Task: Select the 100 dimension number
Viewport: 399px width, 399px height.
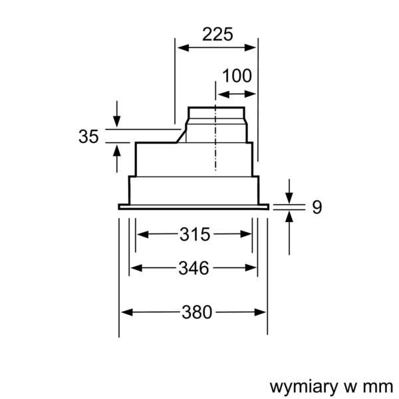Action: [237, 76]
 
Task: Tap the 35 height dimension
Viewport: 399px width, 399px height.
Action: [88, 137]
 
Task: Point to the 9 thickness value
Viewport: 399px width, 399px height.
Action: [317, 207]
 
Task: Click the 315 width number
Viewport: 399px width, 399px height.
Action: [195, 234]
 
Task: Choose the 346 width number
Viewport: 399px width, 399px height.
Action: [194, 268]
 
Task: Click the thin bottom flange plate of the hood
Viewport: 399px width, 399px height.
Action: [194, 207]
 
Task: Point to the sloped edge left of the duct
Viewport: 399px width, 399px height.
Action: [180, 136]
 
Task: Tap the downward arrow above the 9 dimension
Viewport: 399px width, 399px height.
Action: [290, 197]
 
